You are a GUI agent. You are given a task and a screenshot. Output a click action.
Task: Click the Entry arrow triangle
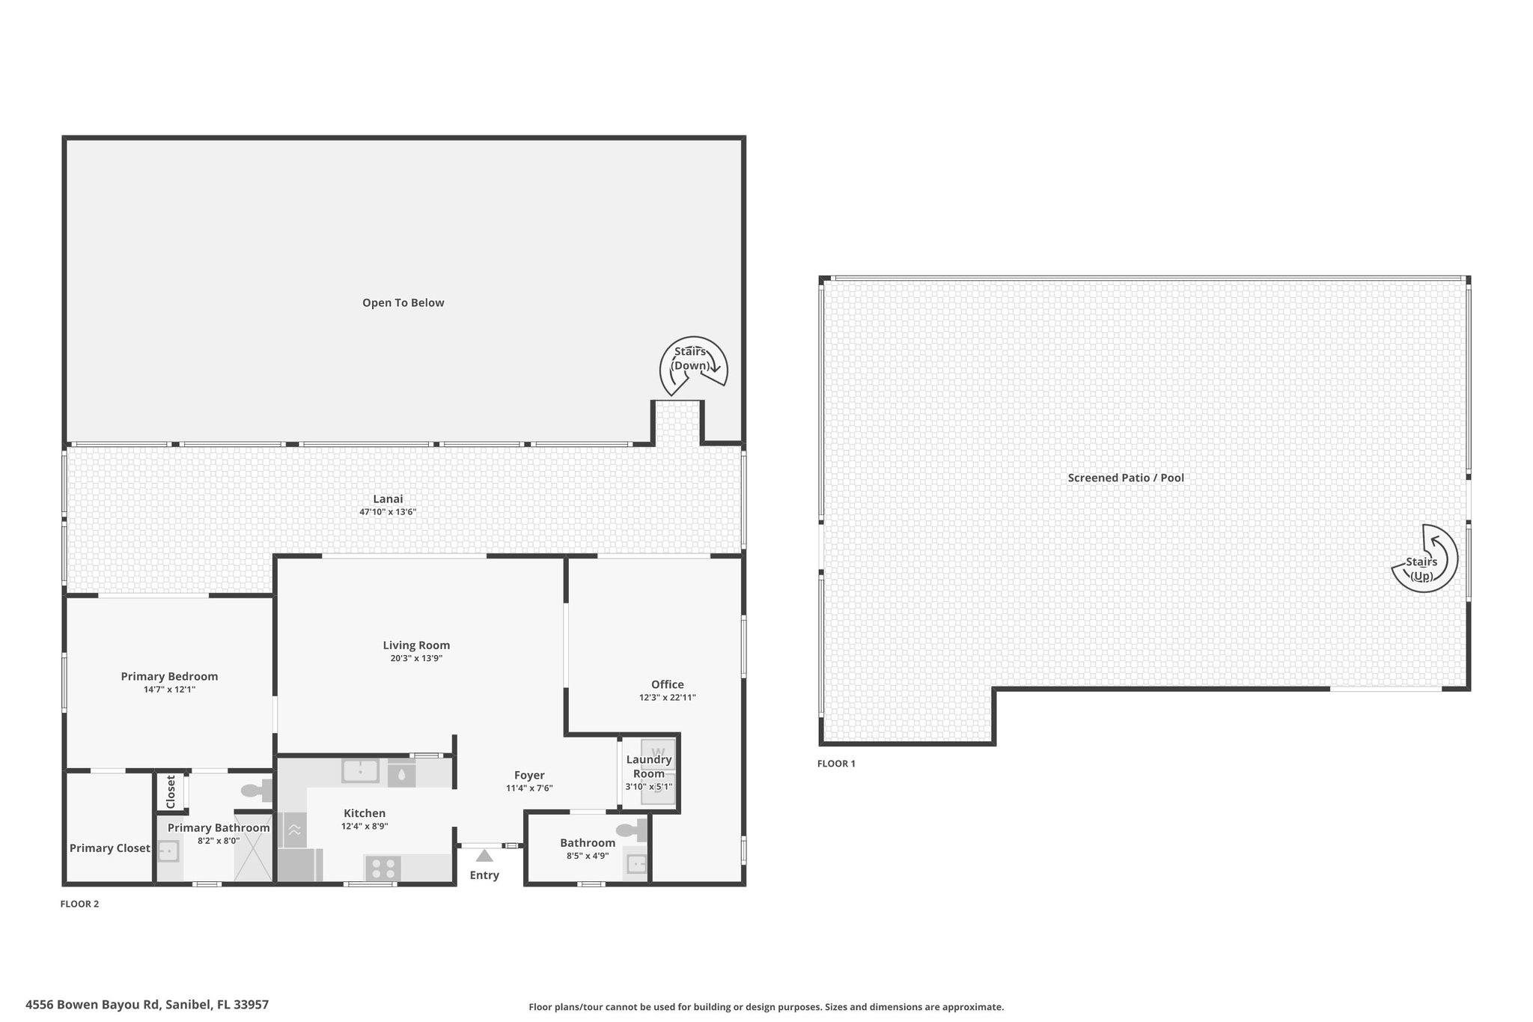click(484, 855)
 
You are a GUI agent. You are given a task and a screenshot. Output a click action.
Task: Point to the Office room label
click(667, 684)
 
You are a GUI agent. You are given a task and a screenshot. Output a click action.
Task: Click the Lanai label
click(388, 499)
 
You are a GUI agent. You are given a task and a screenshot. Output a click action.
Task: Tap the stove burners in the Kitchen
click(383, 869)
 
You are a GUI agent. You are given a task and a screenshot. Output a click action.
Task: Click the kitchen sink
click(360, 770)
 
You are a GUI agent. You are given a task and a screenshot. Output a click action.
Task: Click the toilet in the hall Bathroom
click(632, 830)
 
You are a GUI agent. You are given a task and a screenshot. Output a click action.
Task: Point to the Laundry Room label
click(649, 767)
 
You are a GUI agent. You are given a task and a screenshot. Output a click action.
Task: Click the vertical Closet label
click(171, 792)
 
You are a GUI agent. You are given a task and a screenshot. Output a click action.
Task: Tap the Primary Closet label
click(110, 848)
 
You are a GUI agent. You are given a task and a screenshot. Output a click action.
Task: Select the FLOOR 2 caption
click(79, 904)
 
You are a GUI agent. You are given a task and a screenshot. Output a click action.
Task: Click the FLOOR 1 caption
click(836, 764)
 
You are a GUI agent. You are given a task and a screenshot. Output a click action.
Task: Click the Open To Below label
click(403, 303)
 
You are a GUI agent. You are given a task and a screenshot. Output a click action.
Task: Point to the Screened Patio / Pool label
click(1126, 478)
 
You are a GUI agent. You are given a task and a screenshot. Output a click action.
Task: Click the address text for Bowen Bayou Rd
click(147, 1005)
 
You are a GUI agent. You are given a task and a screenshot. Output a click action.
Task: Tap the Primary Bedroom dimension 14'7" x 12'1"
click(170, 690)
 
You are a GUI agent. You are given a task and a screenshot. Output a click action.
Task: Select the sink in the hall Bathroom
click(636, 865)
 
